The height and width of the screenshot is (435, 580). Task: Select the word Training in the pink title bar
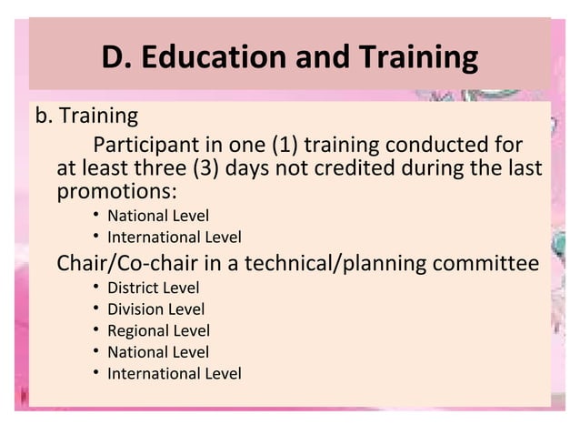[x=415, y=57]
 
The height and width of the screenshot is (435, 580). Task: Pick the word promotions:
[x=116, y=192]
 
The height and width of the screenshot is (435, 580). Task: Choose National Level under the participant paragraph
[x=157, y=217]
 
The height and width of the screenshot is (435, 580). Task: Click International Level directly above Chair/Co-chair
[x=174, y=238]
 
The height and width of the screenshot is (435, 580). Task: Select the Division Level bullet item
[x=155, y=309]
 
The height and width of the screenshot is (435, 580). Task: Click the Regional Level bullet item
[x=158, y=330]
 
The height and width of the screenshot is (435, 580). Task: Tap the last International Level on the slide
[x=174, y=373]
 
